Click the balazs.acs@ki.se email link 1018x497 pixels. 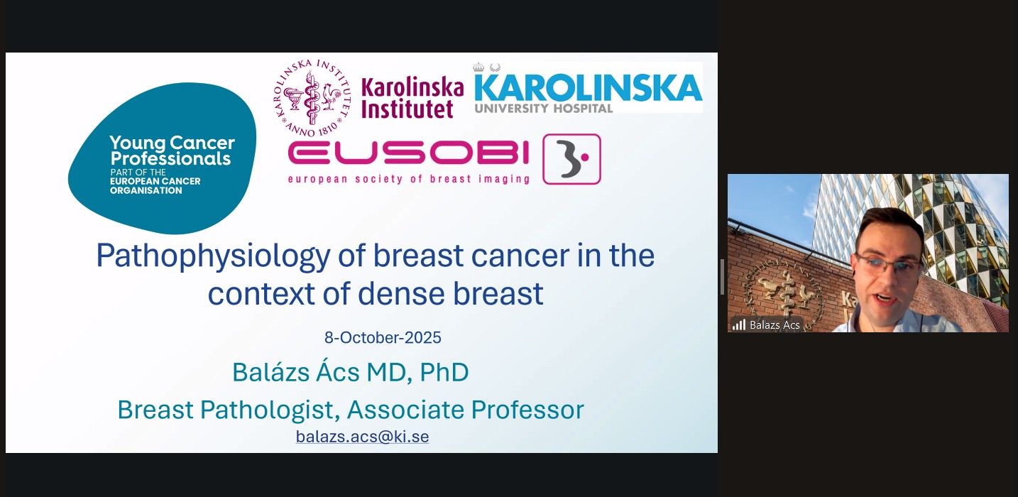tap(362, 437)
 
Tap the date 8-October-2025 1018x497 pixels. tap(383, 337)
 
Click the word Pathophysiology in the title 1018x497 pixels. tap(213, 256)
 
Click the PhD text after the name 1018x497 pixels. tap(444, 373)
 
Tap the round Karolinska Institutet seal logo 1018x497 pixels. tap(312, 97)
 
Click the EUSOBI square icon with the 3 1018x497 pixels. tap(571, 159)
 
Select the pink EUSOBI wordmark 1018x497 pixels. tap(409, 153)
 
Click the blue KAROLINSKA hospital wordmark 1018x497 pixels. tap(589, 88)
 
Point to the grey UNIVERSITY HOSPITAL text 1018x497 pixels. tap(544, 108)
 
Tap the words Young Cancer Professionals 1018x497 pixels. tap(173, 151)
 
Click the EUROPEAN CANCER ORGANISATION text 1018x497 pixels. tap(155, 185)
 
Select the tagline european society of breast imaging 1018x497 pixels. tap(409, 179)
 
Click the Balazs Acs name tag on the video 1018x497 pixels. tap(775, 324)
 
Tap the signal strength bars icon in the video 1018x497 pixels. tap(739, 324)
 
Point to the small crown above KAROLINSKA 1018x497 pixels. tap(478, 67)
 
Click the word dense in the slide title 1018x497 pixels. tap(400, 294)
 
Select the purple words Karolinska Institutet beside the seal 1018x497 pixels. tap(412, 98)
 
